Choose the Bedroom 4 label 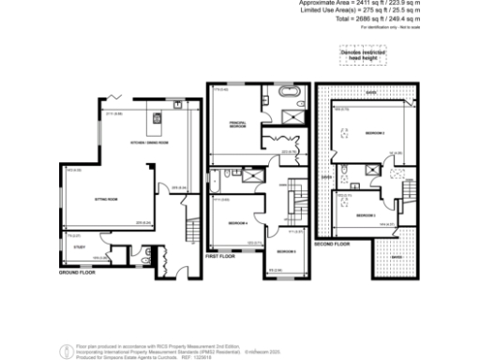[237, 222]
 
